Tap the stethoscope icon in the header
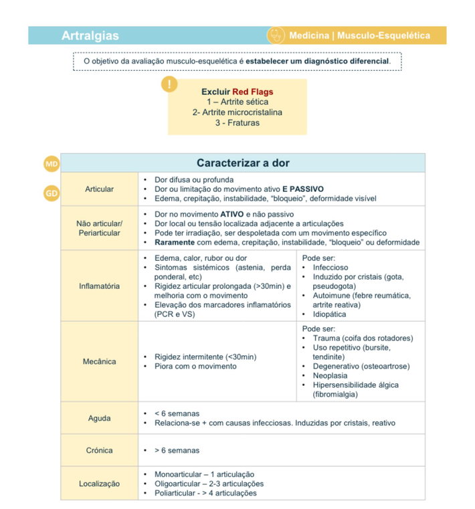pyautogui.click(x=275, y=35)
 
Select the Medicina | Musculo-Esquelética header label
pyautogui.click(x=359, y=35)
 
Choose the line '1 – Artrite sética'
pyautogui.click(x=237, y=102)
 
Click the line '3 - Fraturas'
pyautogui.click(x=237, y=123)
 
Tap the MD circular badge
pyautogui.click(x=52, y=164)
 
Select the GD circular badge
pyautogui.click(x=52, y=193)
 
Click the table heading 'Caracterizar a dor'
pyautogui.click(x=243, y=163)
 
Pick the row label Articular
pyautogui.click(x=99, y=189)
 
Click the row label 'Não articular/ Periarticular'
pyautogui.click(x=99, y=228)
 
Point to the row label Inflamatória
pyautogui.click(x=99, y=286)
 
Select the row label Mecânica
pyautogui.click(x=99, y=362)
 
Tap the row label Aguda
pyautogui.click(x=99, y=418)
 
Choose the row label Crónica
pyautogui.click(x=99, y=450)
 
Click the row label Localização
pyautogui.click(x=99, y=483)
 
